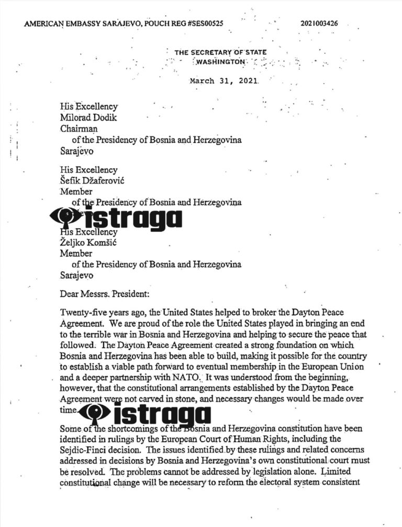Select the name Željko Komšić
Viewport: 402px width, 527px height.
(x=91, y=243)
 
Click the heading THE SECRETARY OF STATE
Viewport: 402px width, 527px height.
(x=220, y=52)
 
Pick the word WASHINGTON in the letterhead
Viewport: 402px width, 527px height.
(x=220, y=62)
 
